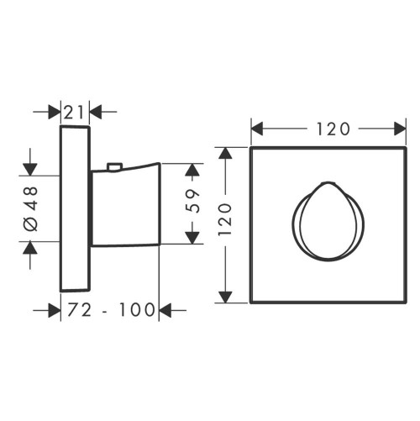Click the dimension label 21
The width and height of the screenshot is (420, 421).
(x=74, y=113)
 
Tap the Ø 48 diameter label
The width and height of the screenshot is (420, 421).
(x=31, y=208)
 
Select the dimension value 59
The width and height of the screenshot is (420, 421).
(x=193, y=201)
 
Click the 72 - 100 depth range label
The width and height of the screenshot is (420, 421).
(x=111, y=310)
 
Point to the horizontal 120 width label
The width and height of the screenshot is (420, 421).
(x=333, y=129)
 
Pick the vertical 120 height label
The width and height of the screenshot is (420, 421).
(x=225, y=219)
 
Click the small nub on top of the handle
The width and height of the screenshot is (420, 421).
(x=115, y=166)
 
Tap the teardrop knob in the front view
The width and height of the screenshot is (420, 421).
(x=328, y=221)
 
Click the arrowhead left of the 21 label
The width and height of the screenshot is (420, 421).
(x=55, y=112)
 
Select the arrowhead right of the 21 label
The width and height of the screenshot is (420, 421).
(x=96, y=112)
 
